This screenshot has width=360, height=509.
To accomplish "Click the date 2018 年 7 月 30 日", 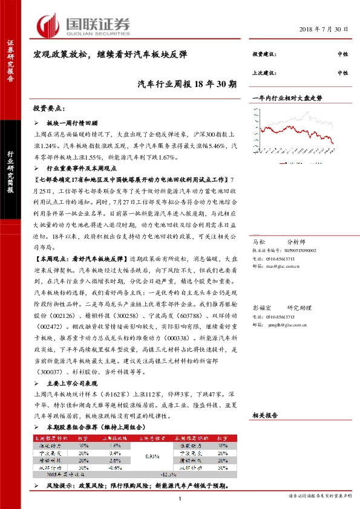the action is [x=325, y=29].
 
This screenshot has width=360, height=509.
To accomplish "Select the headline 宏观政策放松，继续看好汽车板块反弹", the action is [x=110, y=54].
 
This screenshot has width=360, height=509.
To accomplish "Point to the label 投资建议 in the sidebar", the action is [x=264, y=54].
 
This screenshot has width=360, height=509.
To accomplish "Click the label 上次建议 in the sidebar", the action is [x=264, y=73].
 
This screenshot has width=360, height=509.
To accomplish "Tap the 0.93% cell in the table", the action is [x=136, y=456].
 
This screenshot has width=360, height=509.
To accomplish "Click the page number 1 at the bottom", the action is [x=180, y=499].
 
